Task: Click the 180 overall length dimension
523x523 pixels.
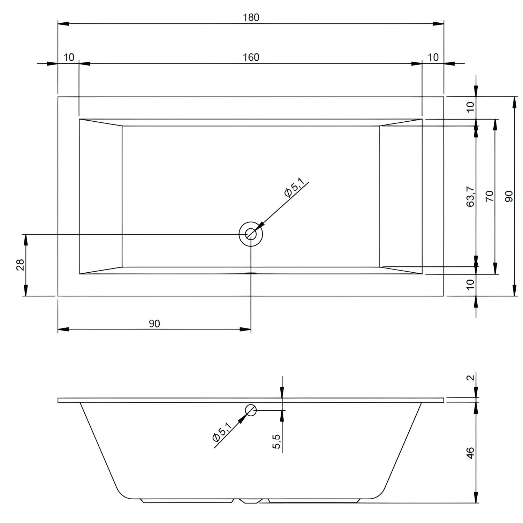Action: coord(251,17)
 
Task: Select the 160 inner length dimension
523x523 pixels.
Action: coord(251,57)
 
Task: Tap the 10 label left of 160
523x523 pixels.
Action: coord(69,57)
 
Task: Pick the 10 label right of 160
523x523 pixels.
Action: coord(433,57)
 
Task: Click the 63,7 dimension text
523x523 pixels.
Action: coord(471,197)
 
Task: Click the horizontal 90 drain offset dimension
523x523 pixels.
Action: coord(154,324)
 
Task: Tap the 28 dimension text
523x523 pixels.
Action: coord(20,265)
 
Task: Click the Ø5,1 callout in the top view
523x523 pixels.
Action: coord(294,189)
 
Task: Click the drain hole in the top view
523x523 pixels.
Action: coord(250,234)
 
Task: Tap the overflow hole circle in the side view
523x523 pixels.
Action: coord(251,410)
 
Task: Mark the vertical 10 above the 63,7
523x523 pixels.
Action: coord(471,107)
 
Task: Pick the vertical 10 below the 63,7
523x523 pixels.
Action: coord(471,285)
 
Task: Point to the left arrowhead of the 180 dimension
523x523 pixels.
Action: coord(63,24)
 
